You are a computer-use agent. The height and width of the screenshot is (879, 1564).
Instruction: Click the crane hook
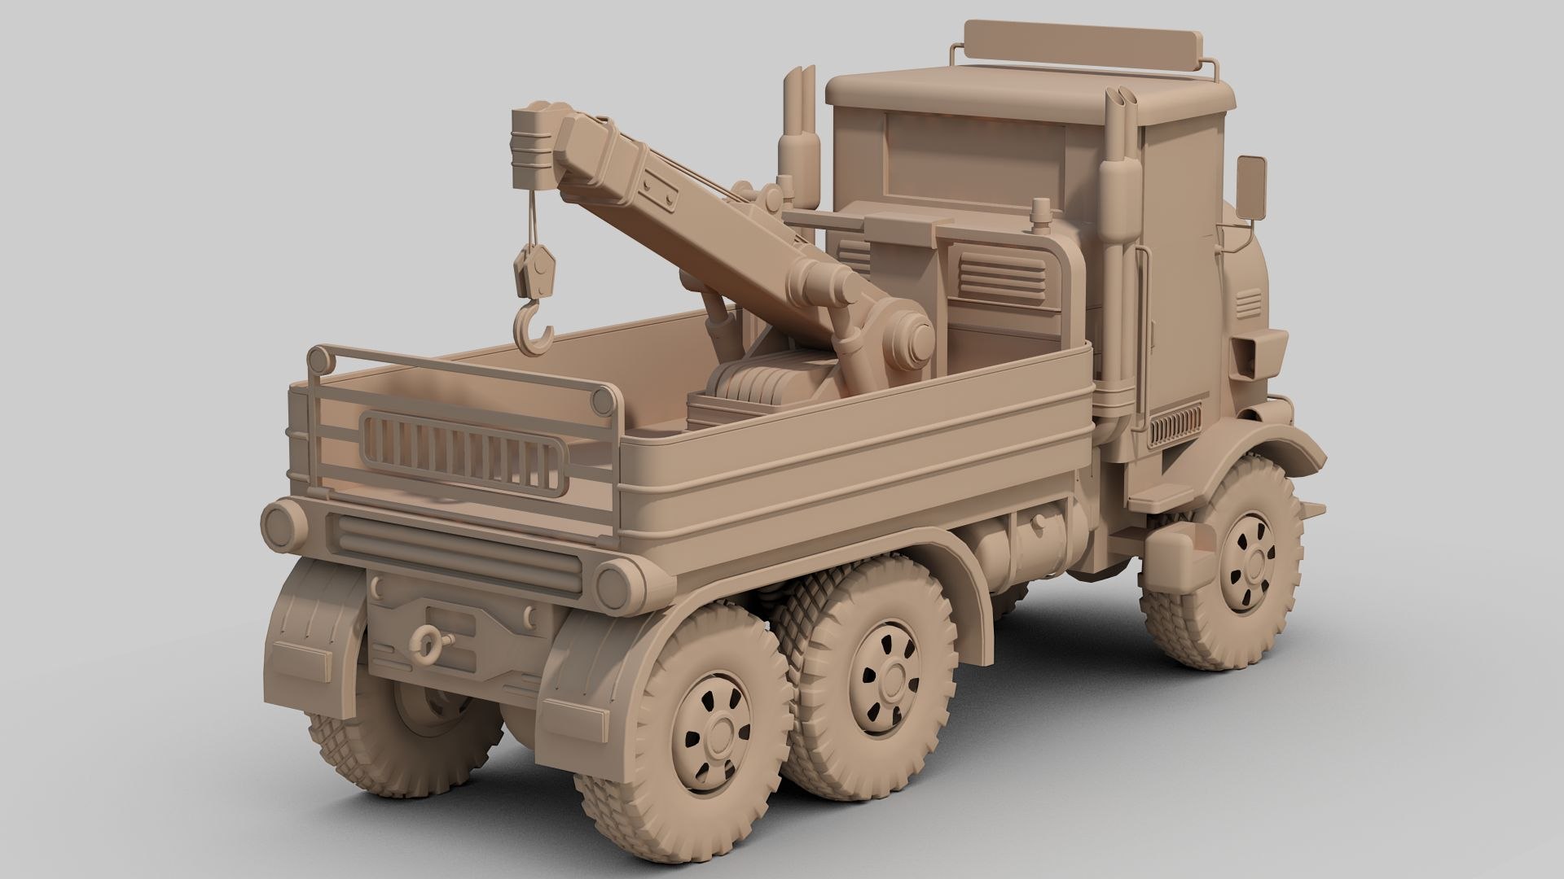pyautogui.click(x=534, y=330)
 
